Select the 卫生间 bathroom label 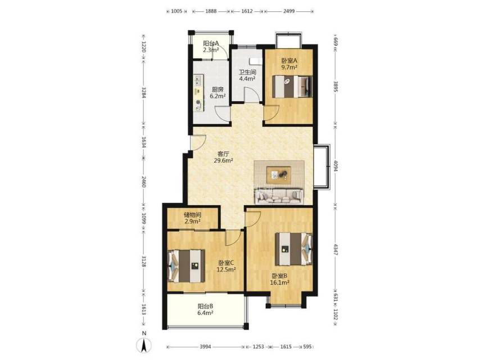(247, 73)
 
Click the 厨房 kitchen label (218, 90)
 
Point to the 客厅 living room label (223, 154)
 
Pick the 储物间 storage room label (193, 215)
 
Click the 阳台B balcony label (205, 306)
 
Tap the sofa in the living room (279, 196)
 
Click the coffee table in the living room (279, 175)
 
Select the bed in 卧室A (292, 87)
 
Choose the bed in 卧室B (293, 249)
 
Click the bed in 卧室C (186, 266)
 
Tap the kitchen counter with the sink (198, 93)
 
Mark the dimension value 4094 (336, 166)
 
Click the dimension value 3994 (205, 347)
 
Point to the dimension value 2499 (289, 11)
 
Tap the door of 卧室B (253, 218)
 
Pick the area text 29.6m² (224, 160)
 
